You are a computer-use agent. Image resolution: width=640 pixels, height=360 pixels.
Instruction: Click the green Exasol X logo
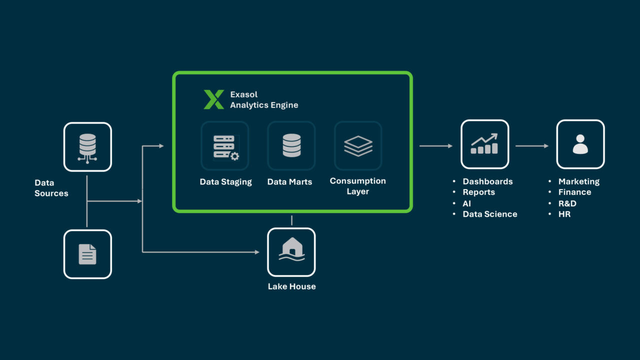[213, 99]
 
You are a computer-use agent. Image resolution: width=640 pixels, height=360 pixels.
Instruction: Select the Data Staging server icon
[225, 146]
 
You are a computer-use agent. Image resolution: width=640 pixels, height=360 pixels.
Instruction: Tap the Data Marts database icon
[291, 146]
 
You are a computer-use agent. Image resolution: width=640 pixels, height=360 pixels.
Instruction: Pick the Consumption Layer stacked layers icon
[358, 146]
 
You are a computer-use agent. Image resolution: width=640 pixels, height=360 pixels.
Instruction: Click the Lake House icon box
[291, 252]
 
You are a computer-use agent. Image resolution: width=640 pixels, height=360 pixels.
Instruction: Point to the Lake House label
[291, 286]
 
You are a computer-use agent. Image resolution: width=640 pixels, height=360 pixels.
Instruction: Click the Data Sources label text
[51, 188]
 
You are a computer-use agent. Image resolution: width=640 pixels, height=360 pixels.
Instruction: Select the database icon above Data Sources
[87, 147]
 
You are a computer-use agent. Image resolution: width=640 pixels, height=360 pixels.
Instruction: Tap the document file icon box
[87, 254]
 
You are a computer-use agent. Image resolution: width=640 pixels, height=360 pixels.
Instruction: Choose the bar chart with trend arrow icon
[484, 144]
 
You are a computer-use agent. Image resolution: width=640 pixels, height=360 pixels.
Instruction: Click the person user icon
[580, 144]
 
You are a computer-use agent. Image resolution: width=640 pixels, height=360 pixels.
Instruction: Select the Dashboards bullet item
[487, 181]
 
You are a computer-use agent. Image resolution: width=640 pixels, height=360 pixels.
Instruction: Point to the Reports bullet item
[478, 192]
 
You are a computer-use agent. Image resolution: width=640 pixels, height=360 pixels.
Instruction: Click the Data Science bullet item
[489, 214]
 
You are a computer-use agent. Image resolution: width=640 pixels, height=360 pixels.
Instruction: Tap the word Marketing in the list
[578, 181]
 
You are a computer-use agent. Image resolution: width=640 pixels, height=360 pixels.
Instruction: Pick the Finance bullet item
[574, 192]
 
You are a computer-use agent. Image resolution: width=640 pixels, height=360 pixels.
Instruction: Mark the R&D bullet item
[567, 203]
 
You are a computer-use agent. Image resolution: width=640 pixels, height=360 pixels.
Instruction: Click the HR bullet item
[564, 214]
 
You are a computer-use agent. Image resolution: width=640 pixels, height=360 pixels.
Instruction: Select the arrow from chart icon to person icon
[532, 146]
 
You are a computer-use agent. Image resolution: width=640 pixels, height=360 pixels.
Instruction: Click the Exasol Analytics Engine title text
[264, 99]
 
